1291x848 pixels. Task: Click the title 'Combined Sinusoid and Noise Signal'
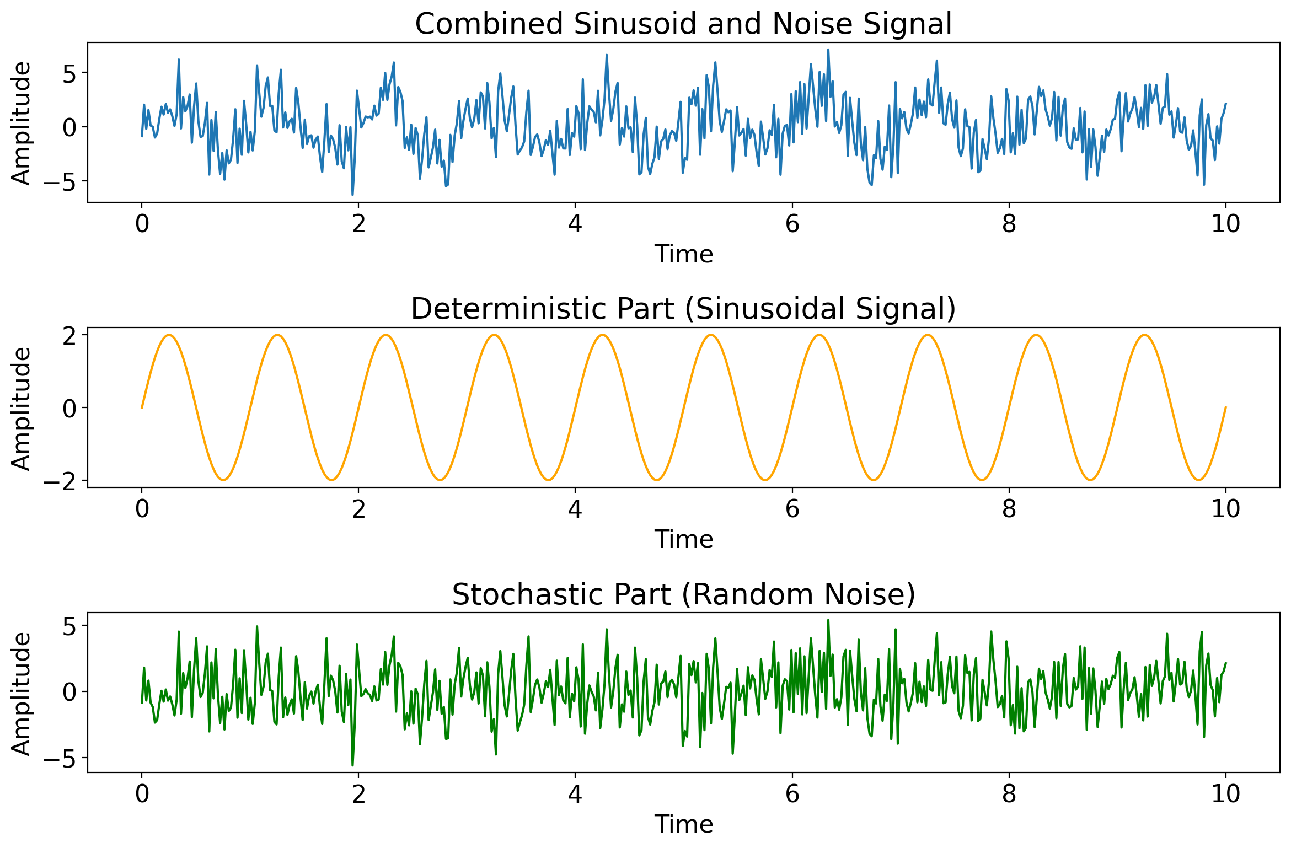coord(683,24)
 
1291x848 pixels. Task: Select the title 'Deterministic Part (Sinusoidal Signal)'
coord(683,309)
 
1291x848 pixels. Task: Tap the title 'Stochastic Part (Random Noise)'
coord(683,594)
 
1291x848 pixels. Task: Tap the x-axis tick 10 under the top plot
coord(1225,224)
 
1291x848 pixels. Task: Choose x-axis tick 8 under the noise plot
coord(1009,795)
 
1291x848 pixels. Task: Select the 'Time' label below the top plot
coord(683,254)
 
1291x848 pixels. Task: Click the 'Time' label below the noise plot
coord(683,824)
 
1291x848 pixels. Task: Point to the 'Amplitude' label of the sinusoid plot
coord(22,408)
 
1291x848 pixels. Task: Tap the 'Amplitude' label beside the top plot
coord(22,123)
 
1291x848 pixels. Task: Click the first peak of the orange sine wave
coord(169,335)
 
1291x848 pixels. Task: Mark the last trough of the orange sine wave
coord(1198,480)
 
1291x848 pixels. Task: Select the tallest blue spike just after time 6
coord(828,50)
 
